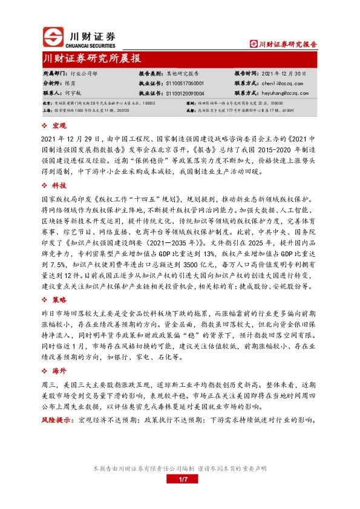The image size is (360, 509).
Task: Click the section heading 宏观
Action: point(59,125)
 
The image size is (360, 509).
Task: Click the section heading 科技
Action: point(59,171)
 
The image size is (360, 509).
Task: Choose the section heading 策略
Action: point(59,299)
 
